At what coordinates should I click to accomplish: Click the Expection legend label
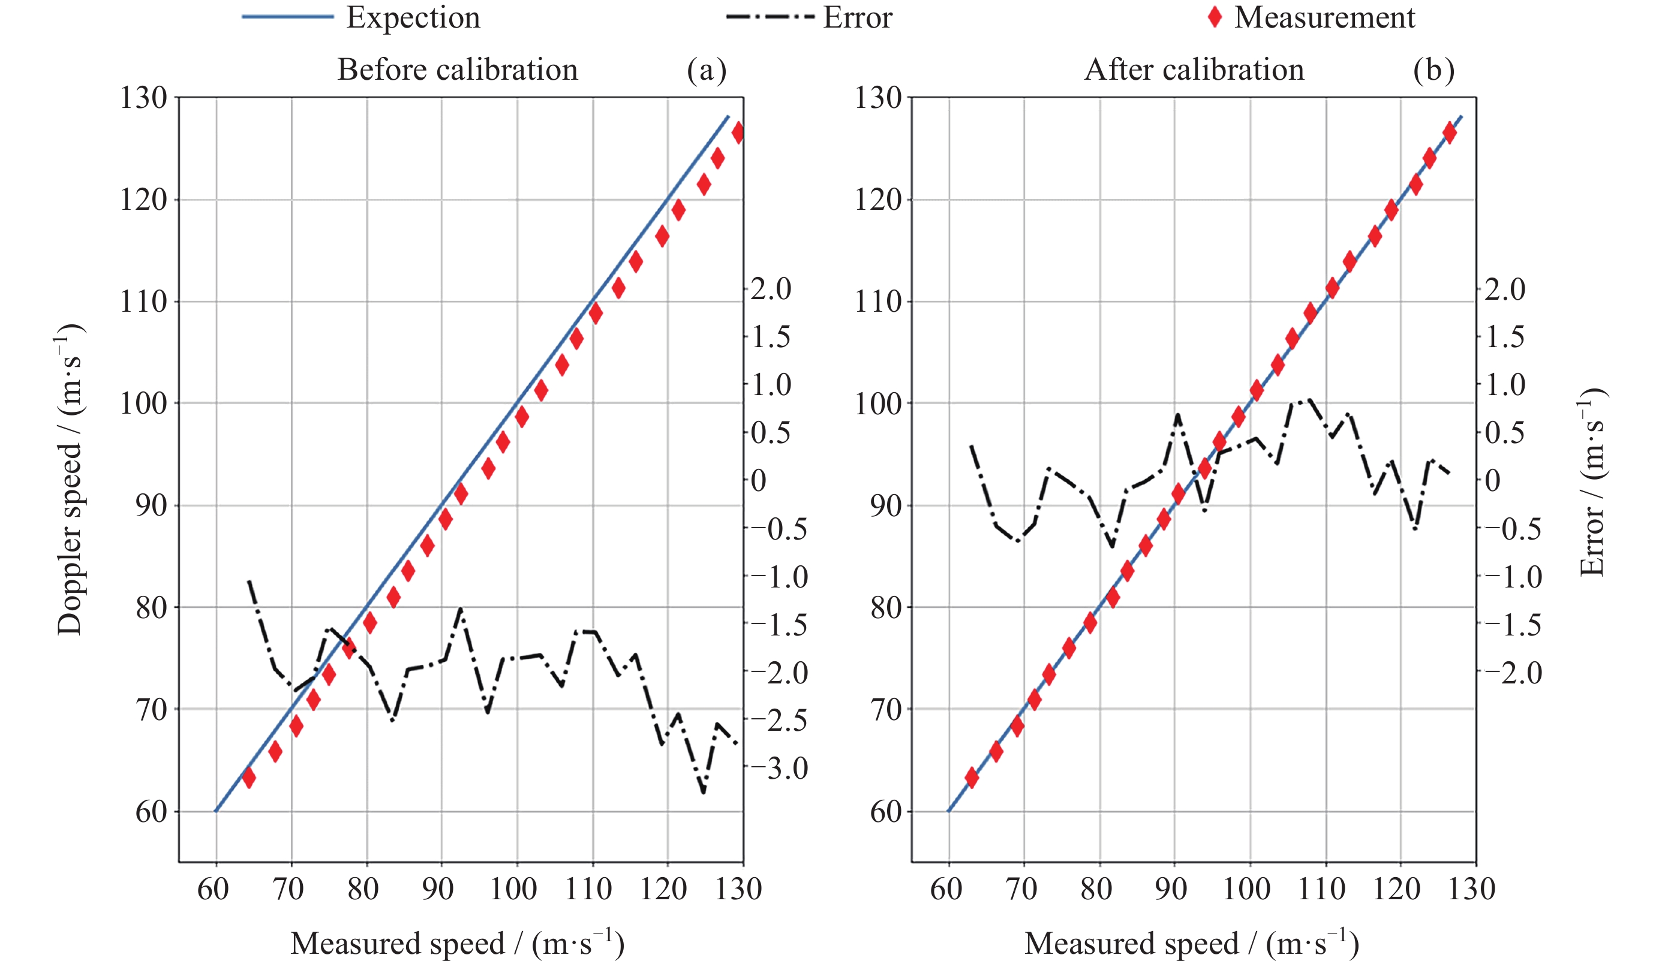[x=413, y=18]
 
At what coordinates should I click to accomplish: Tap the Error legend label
[x=857, y=18]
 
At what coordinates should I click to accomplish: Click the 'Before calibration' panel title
[x=457, y=70]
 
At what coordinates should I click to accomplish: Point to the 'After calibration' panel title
[x=1194, y=70]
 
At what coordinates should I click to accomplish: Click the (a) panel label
[x=707, y=70]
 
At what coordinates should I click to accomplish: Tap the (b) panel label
[x=1434, y=70]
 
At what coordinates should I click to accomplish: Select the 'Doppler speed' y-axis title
[x=70, y=479]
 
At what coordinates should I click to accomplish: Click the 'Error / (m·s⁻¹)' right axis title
[x=1591, y=482]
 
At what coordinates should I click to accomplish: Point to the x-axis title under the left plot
[x=457, y=943]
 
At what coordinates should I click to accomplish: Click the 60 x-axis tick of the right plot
[x=946, y=889]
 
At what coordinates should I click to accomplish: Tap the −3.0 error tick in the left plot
[x=779, y=768]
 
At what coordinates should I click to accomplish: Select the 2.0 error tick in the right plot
[x=1505, y=289]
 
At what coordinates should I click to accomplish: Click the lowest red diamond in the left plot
[x=248, y=778]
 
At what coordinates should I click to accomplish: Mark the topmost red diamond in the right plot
[x=1450, y=133]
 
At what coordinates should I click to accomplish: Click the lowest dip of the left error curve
[x=703, y=792]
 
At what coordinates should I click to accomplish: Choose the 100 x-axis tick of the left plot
[x=513, y=889]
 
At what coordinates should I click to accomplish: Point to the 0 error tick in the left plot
[x=758, y=481]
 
